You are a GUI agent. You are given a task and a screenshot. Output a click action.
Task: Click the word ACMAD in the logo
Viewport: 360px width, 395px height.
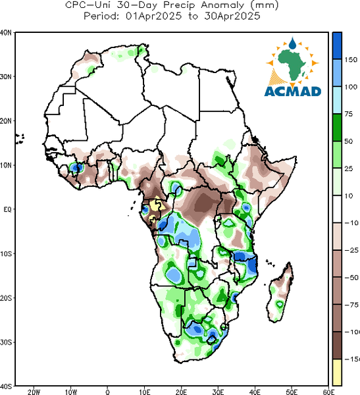(293, 92)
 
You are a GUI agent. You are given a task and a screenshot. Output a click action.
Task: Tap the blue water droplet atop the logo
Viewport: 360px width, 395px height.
(292, 43)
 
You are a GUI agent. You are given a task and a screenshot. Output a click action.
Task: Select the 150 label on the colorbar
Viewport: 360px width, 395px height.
(351, 60)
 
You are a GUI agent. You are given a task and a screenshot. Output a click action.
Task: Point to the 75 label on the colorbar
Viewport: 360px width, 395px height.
(349, 114)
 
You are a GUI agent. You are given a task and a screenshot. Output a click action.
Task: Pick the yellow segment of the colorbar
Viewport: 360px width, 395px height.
(337, 373)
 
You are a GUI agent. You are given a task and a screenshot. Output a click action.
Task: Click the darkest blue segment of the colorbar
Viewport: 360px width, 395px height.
(337, 46)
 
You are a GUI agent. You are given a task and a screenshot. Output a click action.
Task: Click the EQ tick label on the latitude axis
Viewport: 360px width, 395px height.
(7, 209)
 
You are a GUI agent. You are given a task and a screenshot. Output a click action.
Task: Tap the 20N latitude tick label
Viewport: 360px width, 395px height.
(6, 121)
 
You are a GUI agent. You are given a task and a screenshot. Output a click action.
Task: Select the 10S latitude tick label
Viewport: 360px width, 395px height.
(6, 253)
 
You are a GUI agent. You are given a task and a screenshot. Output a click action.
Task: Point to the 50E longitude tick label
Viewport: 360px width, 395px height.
(292, 392)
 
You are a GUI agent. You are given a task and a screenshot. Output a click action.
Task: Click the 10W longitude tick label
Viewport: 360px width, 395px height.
(71, 392)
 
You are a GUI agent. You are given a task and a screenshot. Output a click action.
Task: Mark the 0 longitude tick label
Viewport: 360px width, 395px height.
(107, 392)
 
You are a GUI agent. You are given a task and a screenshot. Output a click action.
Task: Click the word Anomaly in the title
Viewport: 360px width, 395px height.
(222, 5)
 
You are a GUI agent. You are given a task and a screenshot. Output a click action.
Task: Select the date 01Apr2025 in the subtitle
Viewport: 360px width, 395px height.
(153, 16)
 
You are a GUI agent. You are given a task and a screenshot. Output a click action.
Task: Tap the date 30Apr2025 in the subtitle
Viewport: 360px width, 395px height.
(232, 16)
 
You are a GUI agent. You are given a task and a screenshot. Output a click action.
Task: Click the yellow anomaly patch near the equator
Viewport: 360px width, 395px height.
(156, 205)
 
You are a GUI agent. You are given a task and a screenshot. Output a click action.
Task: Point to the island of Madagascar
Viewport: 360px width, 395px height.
(280, 292)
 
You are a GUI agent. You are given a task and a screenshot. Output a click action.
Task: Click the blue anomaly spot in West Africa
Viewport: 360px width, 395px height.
(76, 167)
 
